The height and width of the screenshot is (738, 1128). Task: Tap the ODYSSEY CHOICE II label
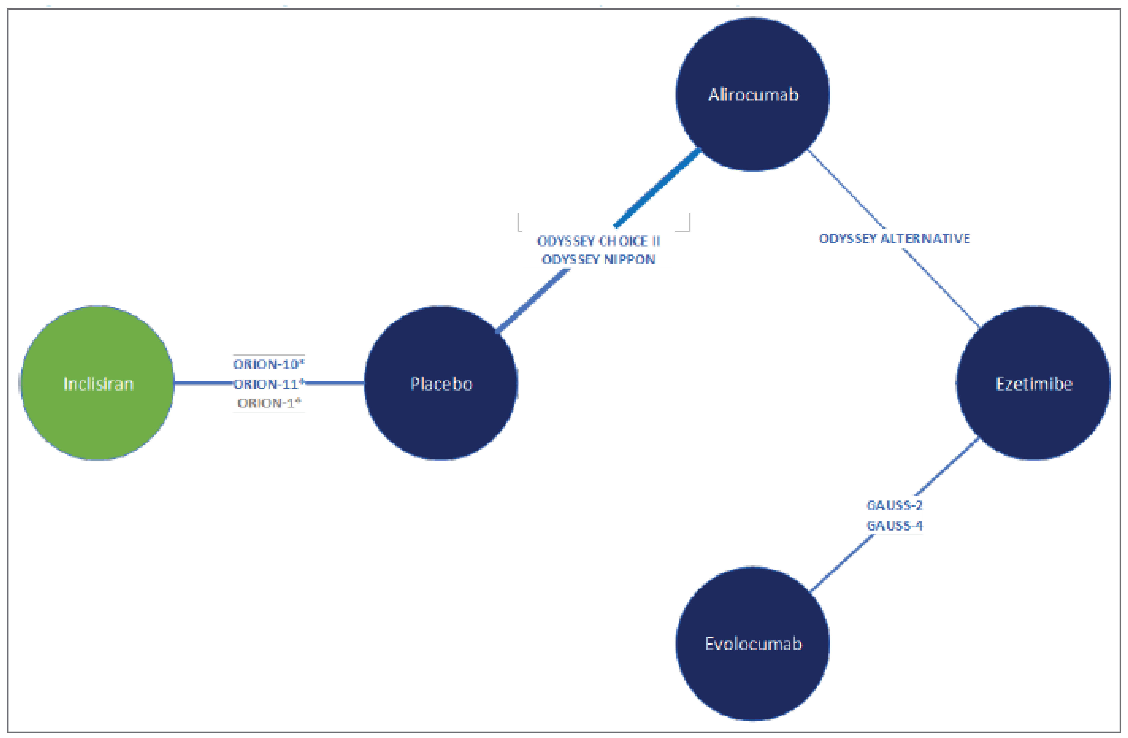tap(598, 241)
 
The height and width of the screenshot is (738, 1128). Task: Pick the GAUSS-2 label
tap(894, 505)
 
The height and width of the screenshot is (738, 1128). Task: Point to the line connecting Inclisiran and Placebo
tap(204, 383)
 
